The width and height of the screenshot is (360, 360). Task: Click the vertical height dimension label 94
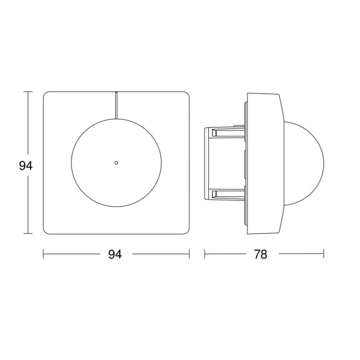click(x=25, y=166)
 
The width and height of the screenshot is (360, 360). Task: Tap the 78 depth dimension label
click(x=260, y=254)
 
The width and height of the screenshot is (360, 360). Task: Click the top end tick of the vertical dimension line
click(x=28, y=92)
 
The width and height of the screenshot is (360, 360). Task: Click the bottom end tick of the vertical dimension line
click(x=28, y=234)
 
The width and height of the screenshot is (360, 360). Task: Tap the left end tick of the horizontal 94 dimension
click(x=44, y=254)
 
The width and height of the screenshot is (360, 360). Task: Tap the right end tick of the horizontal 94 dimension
click(x=190, y=254)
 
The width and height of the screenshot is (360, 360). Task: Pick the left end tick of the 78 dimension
click(x=204, y=254)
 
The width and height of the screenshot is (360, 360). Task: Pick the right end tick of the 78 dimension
click(x=324, y=254)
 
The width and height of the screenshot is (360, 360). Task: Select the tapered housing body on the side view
click(x=263, y=163)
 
